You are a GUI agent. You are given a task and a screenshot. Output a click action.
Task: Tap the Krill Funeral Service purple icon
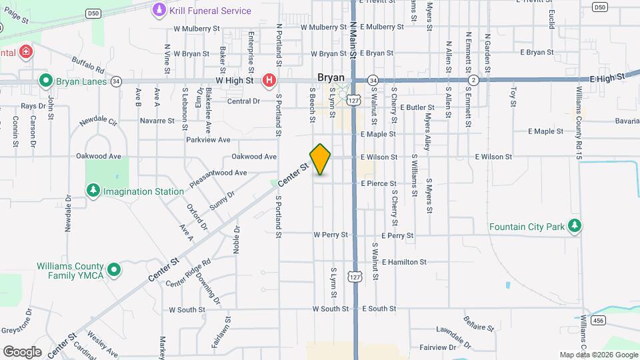pyautogui.click(x=159, y=10)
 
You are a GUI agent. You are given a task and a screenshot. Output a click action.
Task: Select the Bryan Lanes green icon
pyautogui.click(x=46, y=81)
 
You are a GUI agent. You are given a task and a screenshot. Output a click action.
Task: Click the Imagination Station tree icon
pyautogui.click(x=93, y=191)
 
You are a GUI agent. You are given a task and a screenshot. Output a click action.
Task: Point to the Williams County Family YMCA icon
pyautogui.click(x=114, y=270)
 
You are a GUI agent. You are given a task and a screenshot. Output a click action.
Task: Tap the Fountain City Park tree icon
pyautogui.click(x=575, y=227)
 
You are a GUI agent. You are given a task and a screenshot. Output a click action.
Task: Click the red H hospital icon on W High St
pyautogui.click(x=269, y=81)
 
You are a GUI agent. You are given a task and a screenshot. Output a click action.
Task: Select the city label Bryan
pyautogui.click(x=331, y=77)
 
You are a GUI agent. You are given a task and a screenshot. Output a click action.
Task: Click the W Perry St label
pyautogui.click(x=331, y=235)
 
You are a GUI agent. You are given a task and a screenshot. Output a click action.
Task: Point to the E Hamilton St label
pyautogui.click(x=404, y=262)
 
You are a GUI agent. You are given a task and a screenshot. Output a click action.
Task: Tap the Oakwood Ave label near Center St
pyautogui.click(x=254, y=157)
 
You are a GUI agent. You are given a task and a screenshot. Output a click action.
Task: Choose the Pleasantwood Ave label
pyautogui.click(x=219, y=173)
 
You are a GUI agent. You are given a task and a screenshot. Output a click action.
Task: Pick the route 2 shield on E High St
pyautogui.click(x=474, y=80)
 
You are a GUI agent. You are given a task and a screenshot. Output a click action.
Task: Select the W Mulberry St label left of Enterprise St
pyautogui.click(x=196, y=29)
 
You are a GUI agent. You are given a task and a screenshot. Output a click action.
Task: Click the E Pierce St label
pyautogui.click(x=379, y=183)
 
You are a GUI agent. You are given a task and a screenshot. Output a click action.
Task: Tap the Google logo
pyautogui.click(x=22, y=351)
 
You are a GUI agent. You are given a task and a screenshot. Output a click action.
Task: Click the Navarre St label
pyautogui.click(x=157, y=121)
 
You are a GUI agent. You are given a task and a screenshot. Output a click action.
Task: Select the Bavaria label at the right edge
pyautogui.click(x=627, y=121)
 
